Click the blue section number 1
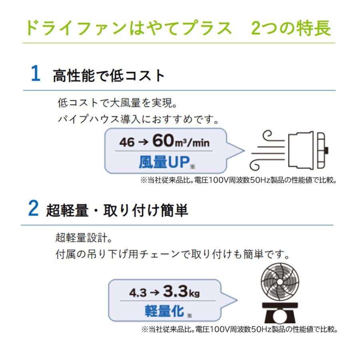pyautogui.click(x=36, y=74)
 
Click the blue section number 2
pyautogui.click(x=34, y=210)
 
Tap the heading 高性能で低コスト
pyautogui.click(x=109, y=75)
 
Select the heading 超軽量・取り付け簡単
pyautogui.click(x=117, y=211)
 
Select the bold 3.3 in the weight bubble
pyautogui.click(x=175, y=292)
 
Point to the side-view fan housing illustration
pyautogui.click(x=308, y=150)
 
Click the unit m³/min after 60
pyautogui.click(x=193, y=142)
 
